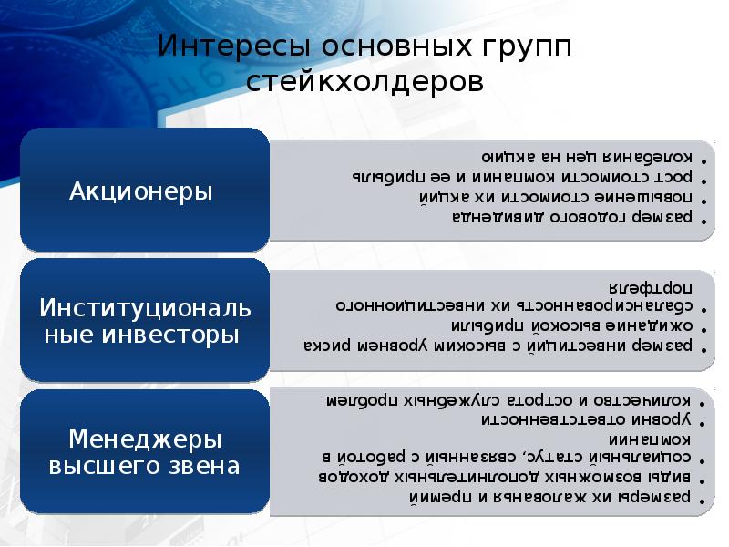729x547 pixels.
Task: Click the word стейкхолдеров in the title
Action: (364, 82)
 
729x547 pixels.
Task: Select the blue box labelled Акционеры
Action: (144, 191)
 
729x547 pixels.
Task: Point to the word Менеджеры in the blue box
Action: (144, 439)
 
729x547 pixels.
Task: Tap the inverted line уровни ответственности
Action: (591, 418)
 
